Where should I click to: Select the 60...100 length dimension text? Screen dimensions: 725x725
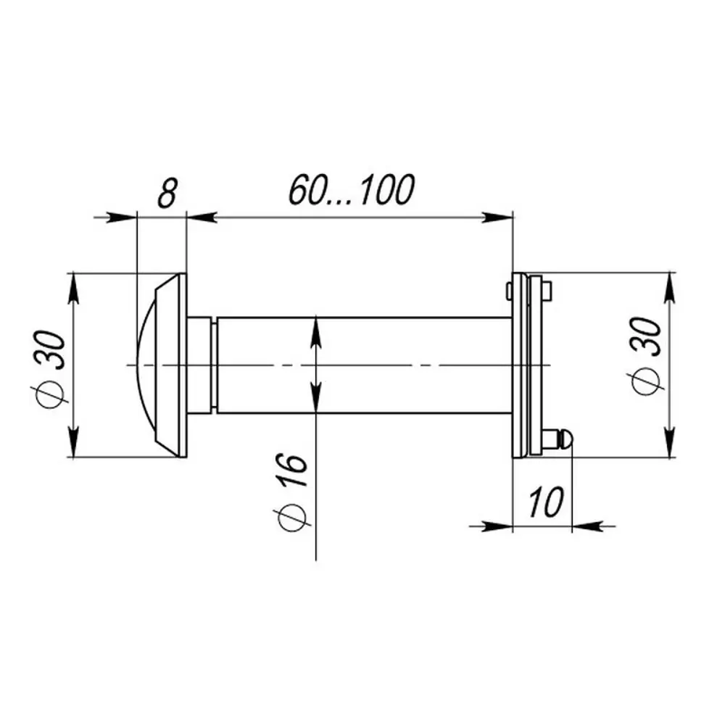(352, 189)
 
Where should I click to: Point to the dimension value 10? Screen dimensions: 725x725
(546, 502)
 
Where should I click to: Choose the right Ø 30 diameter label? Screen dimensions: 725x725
(647, 356)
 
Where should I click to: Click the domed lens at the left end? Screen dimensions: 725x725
(146, 365)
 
